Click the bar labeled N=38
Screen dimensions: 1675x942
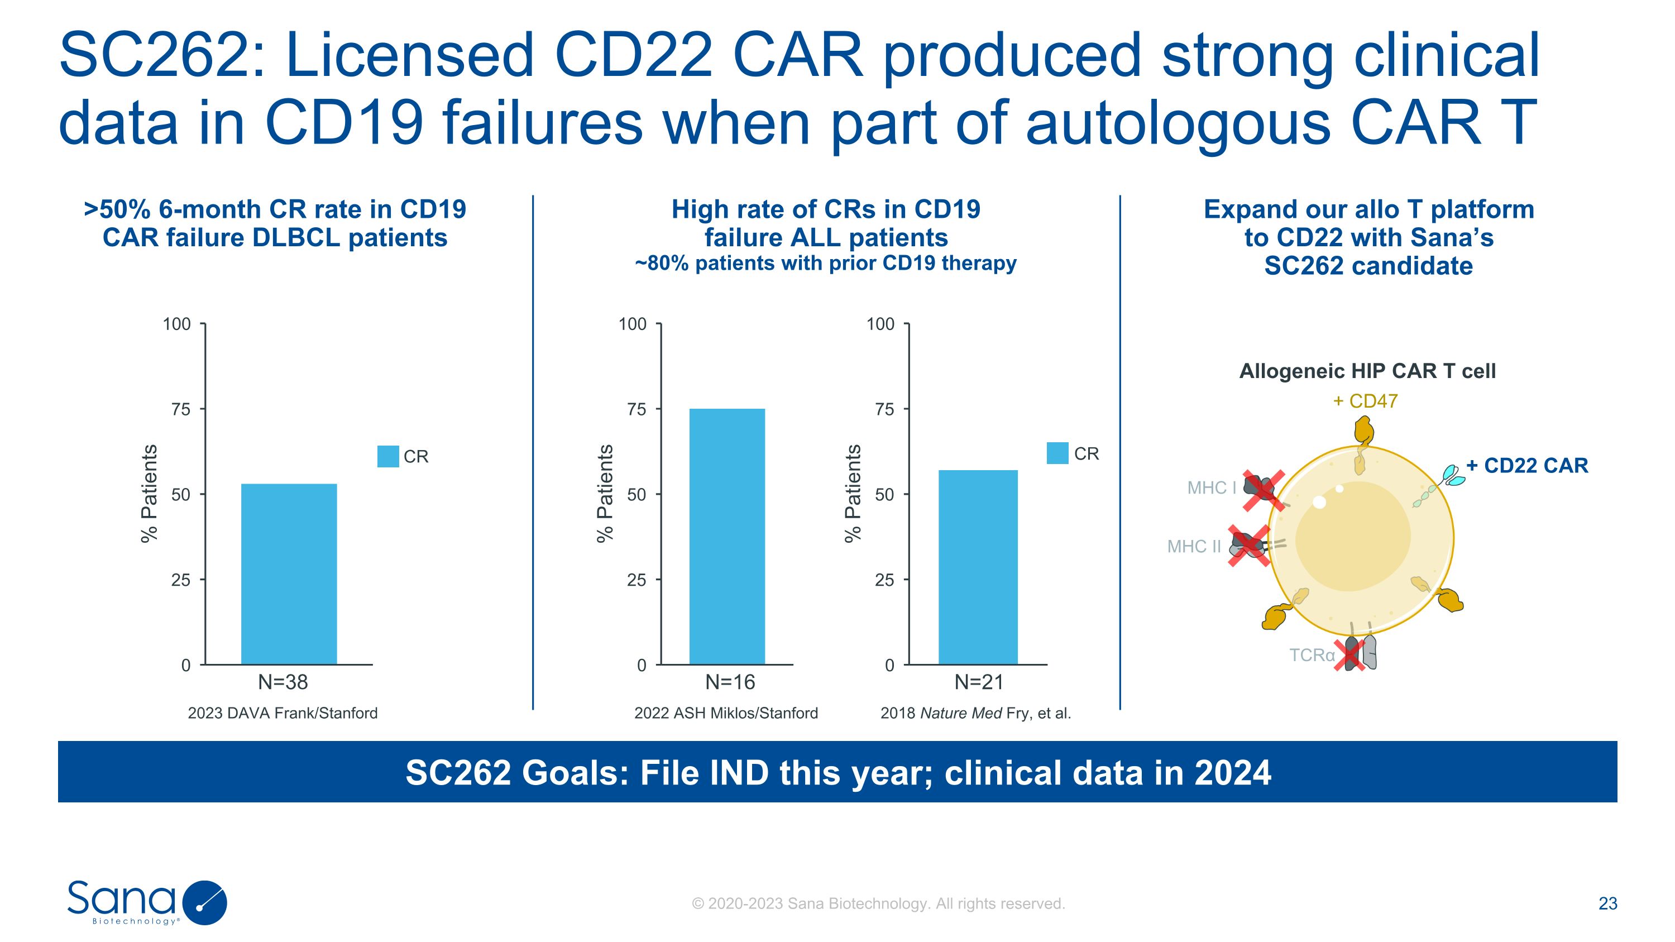(x=289, y=574)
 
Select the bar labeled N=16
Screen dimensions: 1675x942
(x=727, y=537)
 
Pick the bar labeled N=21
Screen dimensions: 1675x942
(x=978, y=567)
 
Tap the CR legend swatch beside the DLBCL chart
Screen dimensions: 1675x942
(x=388, y=456)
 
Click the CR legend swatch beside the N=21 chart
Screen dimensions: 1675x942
(x=1057, y=453)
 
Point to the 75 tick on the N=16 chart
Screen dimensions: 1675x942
(x=636, y=409)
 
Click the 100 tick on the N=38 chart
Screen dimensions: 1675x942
(x=177, y=324)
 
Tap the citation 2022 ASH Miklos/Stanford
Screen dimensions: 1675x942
(x=726, y=713)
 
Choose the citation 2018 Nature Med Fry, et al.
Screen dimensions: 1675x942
(x=975, y=713)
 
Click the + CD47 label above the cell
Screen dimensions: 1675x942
(x=1365, y=401)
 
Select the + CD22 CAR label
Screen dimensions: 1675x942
(x=1526, y=466)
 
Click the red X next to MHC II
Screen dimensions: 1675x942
(x=1249, y=546)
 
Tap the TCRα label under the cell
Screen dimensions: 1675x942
(x=1312, y=654)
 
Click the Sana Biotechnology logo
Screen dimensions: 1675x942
(x=147, y=902)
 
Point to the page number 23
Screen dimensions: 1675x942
(x=1608, y=903)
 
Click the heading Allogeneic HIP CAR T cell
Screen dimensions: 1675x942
(x=1367, y=371)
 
